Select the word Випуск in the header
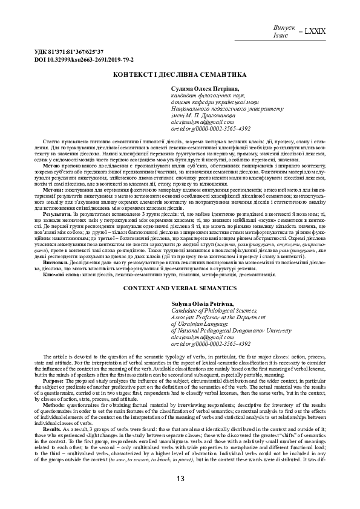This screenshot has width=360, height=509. (285, 28)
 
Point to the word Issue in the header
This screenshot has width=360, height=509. (281, 35)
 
